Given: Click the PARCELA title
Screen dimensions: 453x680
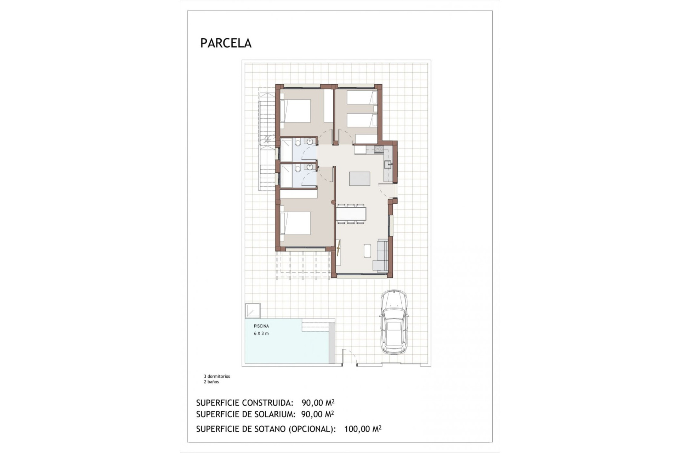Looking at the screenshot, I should tap(226, 43).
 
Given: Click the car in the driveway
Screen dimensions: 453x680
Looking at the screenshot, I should tap(394, 322).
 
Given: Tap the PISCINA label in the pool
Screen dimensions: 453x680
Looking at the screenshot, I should tap(261, 326).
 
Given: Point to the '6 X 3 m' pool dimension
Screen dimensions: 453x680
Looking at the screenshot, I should tap(261, 333).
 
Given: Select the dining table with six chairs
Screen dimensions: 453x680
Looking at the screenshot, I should tap(351, 214).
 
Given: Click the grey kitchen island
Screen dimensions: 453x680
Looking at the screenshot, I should tap(359, 178).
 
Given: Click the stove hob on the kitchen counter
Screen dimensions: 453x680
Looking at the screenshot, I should tap(378, 149).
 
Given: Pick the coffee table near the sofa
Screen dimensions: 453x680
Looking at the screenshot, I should tap(367, 251).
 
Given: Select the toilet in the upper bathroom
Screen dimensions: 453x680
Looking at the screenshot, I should tap(297, 143).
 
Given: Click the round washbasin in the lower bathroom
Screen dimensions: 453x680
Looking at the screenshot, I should tap(311, 167).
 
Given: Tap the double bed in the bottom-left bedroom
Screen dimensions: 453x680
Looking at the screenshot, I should tap(296, 223).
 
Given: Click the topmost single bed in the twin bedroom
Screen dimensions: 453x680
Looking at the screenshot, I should tap(361, 97).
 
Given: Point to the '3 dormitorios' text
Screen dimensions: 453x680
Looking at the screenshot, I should tap(217, 376).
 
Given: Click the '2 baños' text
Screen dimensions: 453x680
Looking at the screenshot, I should tap(211, 382).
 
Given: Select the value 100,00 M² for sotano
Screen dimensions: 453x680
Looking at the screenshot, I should tap(362, 429).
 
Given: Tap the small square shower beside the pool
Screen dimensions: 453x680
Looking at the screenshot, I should tap(253, 311).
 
